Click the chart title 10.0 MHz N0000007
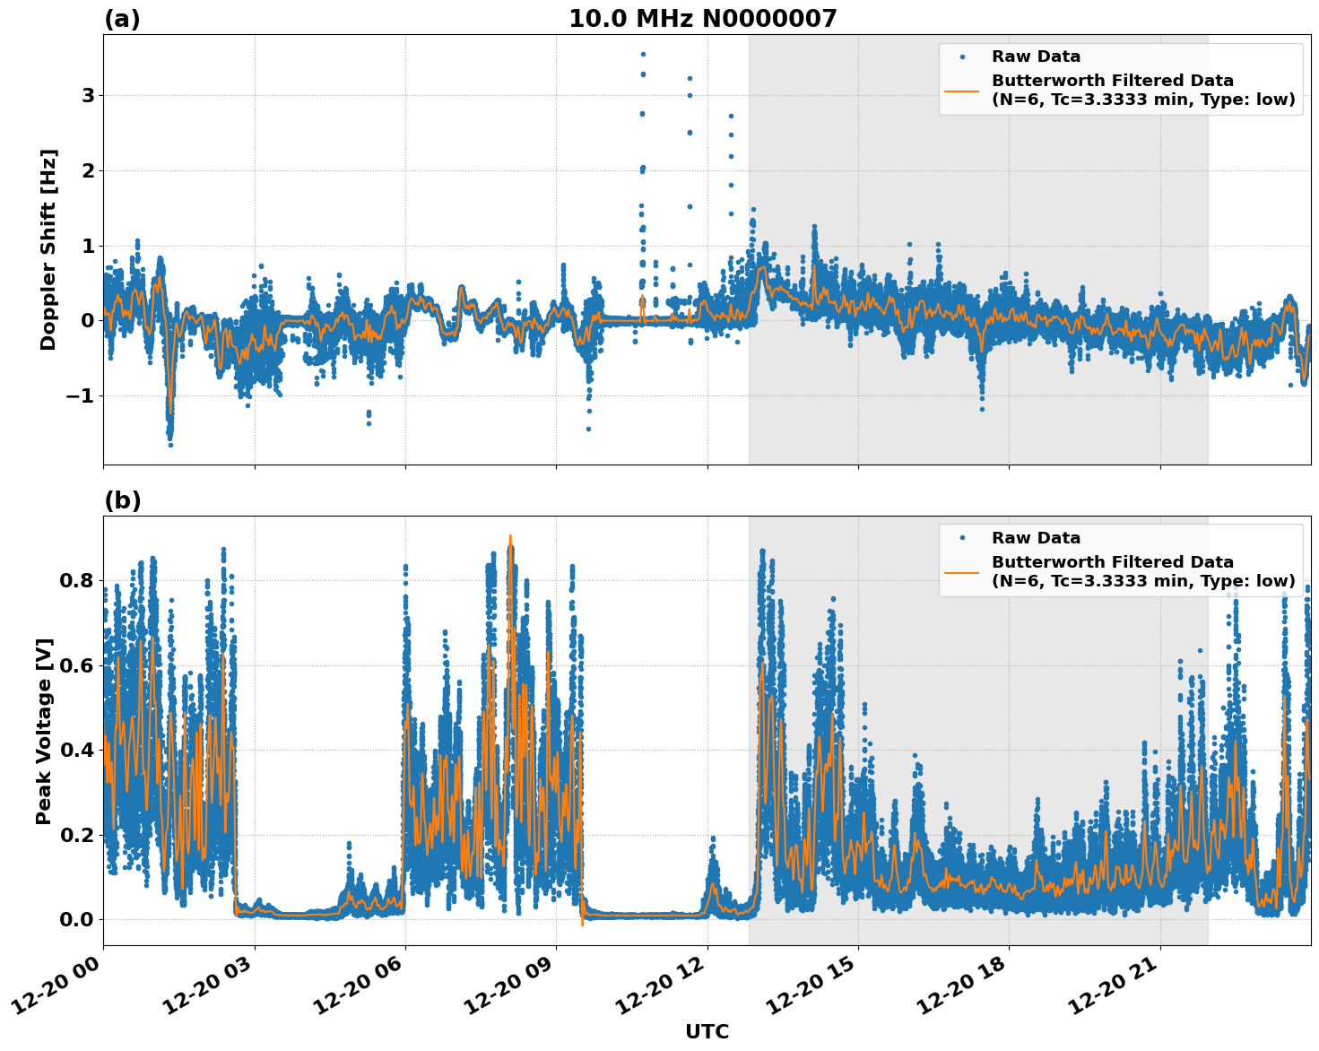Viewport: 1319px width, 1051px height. (702, 19)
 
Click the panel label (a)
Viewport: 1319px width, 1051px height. (122, 19)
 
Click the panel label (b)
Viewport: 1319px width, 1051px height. (122, 500)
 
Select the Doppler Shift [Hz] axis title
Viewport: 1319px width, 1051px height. (48, 249)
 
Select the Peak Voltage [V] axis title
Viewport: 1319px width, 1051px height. (44, 731)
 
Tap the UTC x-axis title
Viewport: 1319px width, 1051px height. (707, 1031)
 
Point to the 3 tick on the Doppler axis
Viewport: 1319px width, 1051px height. (88, 95)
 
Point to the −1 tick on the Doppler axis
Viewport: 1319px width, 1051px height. (81, 396)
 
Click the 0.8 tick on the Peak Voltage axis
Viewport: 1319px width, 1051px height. (77, 580)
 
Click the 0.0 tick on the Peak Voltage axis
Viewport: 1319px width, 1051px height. (77, 919)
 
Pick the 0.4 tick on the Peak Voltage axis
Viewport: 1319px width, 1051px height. (77, 750)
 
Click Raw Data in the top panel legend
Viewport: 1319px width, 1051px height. (1036, 56)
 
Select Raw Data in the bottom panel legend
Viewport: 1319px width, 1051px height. (1036, 538)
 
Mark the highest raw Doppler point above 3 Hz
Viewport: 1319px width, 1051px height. (643, 54)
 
